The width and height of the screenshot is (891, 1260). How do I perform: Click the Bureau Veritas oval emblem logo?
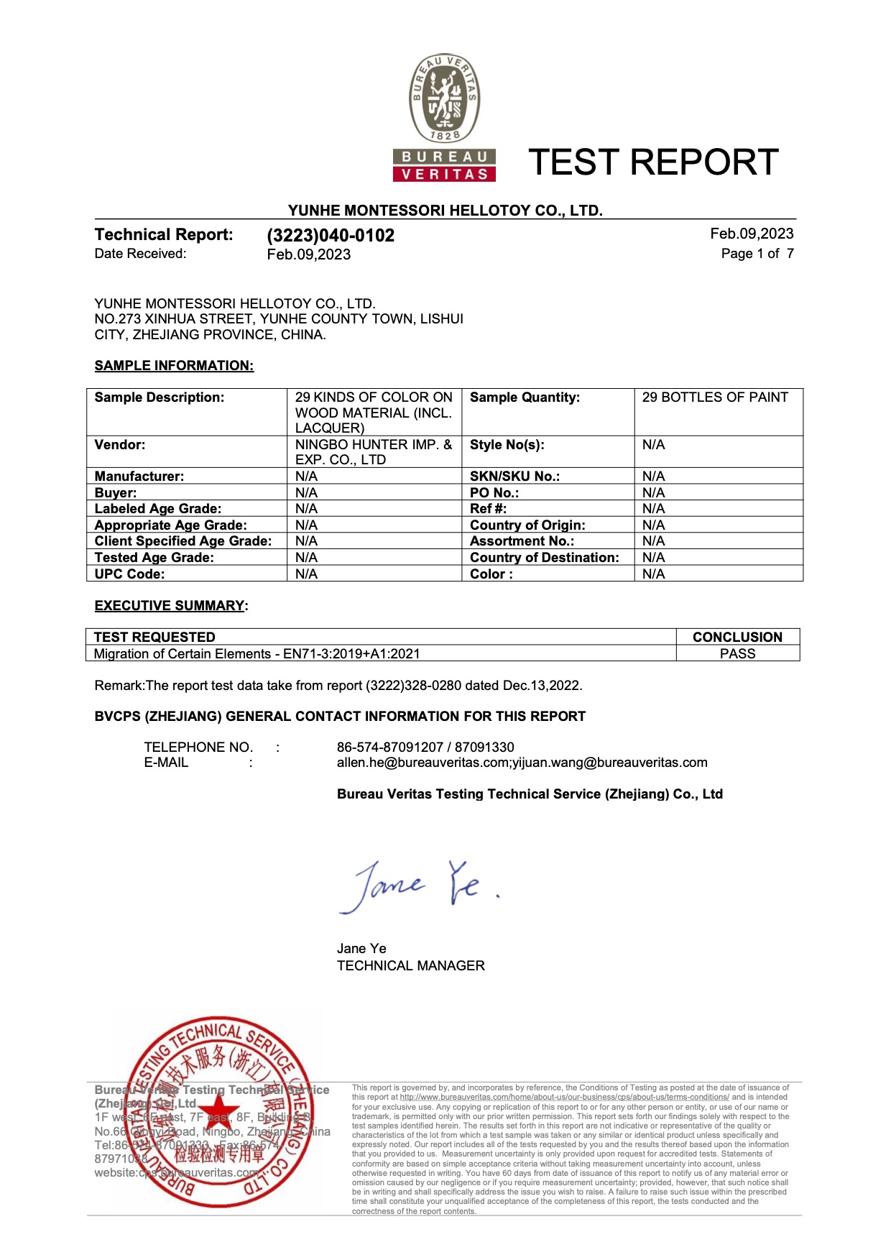click(x=445, y=98)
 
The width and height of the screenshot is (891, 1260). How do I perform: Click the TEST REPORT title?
click(x=653, y=162)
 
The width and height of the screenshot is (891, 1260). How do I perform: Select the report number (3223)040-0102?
click(x=331, y=236)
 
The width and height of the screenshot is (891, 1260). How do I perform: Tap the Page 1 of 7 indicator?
click(x=757, y=254)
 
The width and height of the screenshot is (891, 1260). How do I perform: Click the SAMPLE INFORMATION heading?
click(x=174, y=366)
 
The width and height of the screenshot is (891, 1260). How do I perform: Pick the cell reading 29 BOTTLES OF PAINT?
click(x=715, y=397)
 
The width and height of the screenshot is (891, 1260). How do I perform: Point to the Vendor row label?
click(x=120, y=445)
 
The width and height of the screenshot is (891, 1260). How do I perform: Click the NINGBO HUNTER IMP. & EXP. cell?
click(x=373, y=452)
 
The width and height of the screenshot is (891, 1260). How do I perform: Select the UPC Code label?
click(x=129, y=574)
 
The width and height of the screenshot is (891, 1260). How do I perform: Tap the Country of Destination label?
click(x=544, y=558)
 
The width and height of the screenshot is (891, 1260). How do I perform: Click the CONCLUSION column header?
click(x=737, y=637)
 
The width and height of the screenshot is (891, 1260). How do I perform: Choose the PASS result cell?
click(x=737, y=654)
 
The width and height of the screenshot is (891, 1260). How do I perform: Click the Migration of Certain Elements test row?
click(x=257, y=654)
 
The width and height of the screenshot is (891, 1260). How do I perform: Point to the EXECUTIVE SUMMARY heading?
click(x=170, y=606)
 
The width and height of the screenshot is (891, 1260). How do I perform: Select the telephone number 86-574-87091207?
click(x=390, y=748)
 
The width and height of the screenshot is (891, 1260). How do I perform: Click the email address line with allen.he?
click(x=522, y=763)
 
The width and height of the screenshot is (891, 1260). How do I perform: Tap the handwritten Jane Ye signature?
click(x=417, y=886)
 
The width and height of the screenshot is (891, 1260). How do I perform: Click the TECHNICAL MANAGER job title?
click(x=410, y=966)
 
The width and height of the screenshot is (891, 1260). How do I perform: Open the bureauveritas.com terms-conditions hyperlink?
click(x=564, y=1098)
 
